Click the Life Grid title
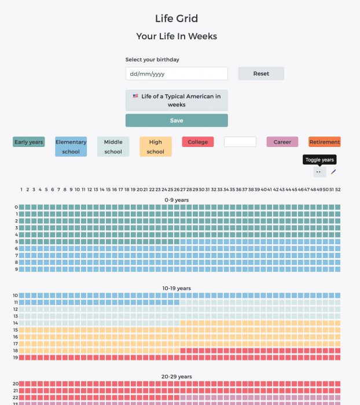pos(177,19)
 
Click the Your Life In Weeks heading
pos(177,36)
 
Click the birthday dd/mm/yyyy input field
pos(177,73)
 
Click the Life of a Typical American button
pos(177,100)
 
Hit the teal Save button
pos(177,120)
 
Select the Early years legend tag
pos(29,142)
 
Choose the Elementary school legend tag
pos(71,147)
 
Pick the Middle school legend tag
pos(113,147)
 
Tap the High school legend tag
pos(156,147)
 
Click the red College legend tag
pos(198,142)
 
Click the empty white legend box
pos(240,142)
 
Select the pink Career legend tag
pos(282,142)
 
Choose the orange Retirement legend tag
pos(325,142)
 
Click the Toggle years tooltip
pos(319,160)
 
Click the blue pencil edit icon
pos(333,172)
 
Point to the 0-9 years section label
pos(177,200)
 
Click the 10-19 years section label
pos(177,288)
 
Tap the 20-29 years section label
pos(177,377)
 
